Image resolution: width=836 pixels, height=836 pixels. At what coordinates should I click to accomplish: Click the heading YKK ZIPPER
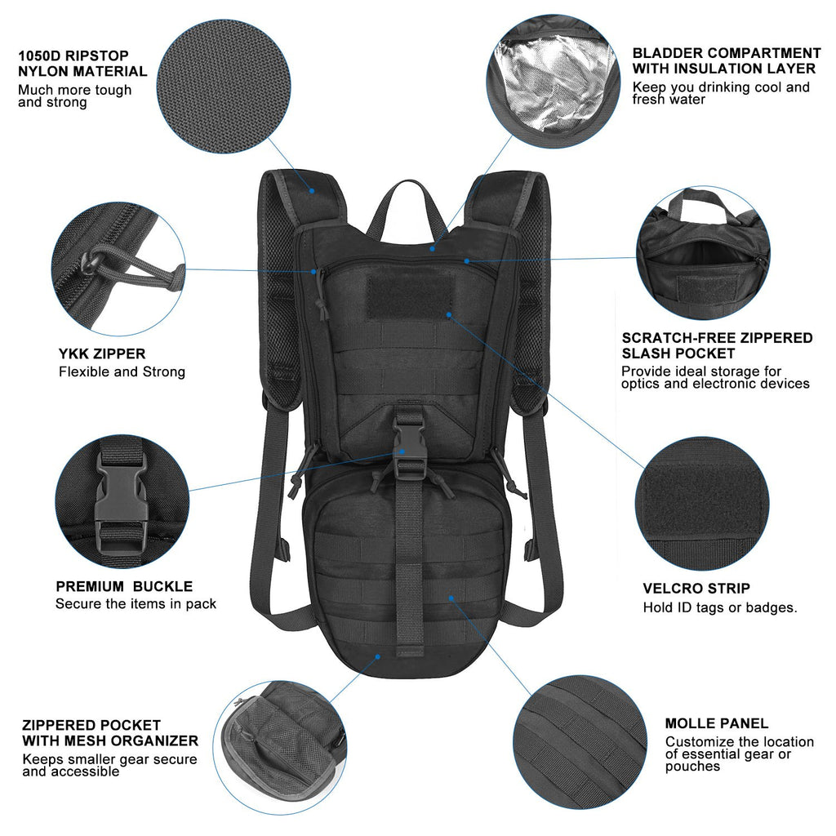102,354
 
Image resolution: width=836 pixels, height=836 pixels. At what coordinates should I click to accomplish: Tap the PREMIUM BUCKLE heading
124,586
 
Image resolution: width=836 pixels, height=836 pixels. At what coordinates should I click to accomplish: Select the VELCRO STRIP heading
696,589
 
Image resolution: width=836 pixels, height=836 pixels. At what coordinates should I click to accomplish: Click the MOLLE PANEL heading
716,723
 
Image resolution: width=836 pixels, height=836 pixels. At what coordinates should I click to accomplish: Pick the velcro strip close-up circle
703,503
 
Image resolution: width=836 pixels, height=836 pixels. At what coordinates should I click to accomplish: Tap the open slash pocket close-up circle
703,252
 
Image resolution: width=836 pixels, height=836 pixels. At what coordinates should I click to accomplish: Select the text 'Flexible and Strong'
122,372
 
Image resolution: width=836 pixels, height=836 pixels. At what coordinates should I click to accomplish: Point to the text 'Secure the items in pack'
136,604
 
